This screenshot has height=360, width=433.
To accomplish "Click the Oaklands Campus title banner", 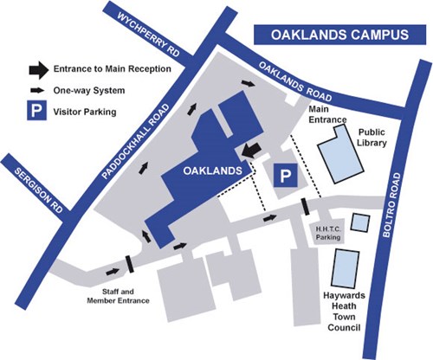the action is (x=339, y=35).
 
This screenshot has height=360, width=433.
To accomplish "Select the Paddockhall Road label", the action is (x=136, y=142).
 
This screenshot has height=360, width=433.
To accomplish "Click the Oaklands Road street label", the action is (x=295, y=81).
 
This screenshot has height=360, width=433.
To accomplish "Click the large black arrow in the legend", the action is (x=39, y=70).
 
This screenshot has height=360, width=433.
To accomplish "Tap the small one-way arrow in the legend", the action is (x=37, y=90).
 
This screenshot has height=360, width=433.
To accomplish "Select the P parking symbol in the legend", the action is (x=36, y=110).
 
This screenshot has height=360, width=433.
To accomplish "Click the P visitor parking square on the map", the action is (x=286, y=175).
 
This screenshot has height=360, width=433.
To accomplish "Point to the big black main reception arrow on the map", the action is (x=251, y=151).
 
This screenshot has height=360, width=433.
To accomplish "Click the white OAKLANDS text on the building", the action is (x=212, y=170).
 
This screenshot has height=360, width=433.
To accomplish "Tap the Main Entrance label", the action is (x=327, y=114).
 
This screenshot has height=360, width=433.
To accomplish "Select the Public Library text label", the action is (x=372, y=138).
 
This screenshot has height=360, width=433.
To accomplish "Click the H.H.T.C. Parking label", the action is (x=328, y=234).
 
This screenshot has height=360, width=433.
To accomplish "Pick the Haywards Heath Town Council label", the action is (x=344, y=312).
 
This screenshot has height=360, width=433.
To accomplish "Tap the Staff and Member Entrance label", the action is (x=118, y=296).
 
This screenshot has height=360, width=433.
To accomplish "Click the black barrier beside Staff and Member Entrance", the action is (x=130, y=264).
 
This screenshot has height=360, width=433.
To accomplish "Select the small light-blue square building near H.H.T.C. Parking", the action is (x=360, y=222).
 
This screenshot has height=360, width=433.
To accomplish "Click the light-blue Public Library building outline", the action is (x=340, y=154).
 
